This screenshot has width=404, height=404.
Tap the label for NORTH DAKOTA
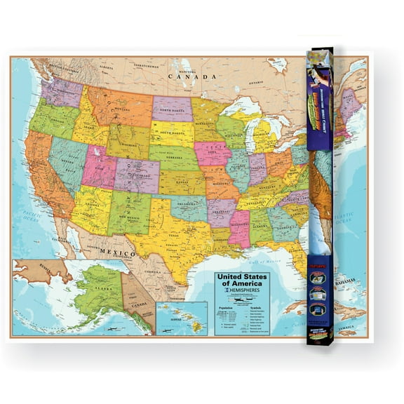pyautogui.click(x=172, y=109)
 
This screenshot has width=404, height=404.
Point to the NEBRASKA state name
pyautogui.click(x=175, y=158)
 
